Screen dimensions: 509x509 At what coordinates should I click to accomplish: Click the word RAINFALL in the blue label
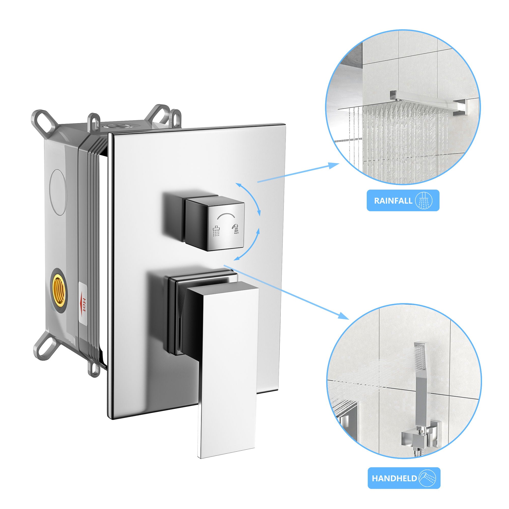coord(393,201)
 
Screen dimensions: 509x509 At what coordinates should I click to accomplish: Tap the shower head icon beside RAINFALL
coord(424,201)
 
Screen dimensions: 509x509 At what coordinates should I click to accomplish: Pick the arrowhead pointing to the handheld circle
coord(344,316)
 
